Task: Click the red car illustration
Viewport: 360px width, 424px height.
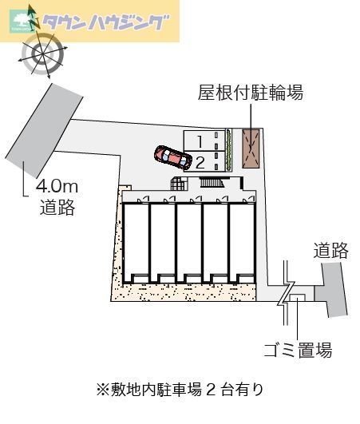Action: [x=173, y=157]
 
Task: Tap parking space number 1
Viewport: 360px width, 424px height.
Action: [x=204, y=141]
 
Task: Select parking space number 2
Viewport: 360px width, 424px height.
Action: [x=204, y=161]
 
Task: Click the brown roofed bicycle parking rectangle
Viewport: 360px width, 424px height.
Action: [x=251, y=149]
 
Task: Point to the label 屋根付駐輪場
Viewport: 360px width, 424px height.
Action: [x=251, y=93]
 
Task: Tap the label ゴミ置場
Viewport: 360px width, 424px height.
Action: [x=298, y=351]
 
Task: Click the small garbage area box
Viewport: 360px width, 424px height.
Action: [x=297, y=298]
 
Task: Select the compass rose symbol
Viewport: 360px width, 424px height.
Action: [x=42, y=53]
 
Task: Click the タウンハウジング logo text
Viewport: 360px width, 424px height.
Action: [x=105, y=22]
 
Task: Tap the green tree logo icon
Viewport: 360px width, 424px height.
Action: [x=19, y=22]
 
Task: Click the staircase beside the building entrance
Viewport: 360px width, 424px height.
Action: [x=212, y=182]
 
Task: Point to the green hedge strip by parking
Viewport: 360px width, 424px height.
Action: [x=229, y=150]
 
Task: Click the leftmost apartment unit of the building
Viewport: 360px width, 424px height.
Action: [x=136, y=242]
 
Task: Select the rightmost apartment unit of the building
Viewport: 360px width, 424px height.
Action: [x=242, y=242]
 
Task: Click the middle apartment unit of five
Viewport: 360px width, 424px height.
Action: [x=189, y=242]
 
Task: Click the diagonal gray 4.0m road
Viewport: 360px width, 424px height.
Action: [x=44, y=130]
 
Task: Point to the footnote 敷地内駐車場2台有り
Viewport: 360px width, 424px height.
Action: [x=180, y=390]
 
